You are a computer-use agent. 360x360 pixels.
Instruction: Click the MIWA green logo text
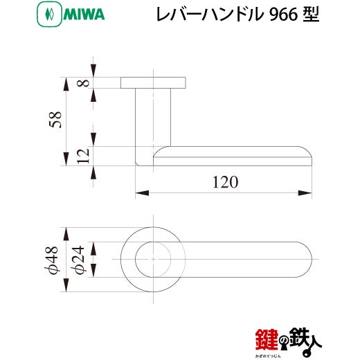[84, 15]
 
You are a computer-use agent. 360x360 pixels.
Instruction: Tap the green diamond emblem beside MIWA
[49, 15]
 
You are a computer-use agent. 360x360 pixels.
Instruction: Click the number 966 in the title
[283, 15]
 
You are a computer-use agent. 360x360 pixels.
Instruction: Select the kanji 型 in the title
[311, 15]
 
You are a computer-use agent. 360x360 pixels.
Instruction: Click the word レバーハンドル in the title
[210, 15]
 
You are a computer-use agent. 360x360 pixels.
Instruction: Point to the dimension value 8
[83, 83]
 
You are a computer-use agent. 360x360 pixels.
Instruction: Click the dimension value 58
[55, 120]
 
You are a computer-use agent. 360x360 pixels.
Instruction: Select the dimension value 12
[83, 156]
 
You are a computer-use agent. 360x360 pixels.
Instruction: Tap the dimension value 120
[225, 182]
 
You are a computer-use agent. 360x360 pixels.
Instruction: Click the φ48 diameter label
[52, 260]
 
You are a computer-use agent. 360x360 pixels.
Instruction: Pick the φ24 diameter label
[78, 260]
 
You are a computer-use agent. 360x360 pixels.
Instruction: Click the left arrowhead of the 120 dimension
[142, 193]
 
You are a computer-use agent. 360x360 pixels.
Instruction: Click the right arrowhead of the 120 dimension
[305, 193]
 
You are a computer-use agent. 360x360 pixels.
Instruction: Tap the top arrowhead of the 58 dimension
[66, 84]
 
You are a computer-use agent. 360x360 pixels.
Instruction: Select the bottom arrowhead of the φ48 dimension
[66, 285]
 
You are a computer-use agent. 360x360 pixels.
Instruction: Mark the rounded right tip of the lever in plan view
[312, 260]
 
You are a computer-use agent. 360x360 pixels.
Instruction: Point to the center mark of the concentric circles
[153, 260]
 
